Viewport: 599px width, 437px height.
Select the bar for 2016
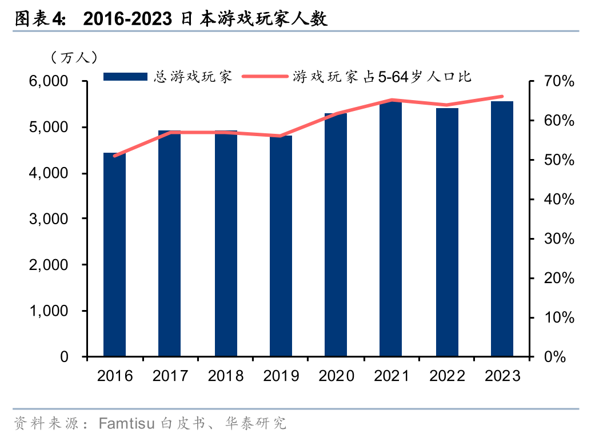coord(114,255)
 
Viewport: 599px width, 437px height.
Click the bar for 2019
coord(281,246)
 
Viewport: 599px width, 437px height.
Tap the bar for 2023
coord(502,229)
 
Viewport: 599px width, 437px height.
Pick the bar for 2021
coord(391,229)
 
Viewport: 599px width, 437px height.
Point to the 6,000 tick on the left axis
coord(56,81)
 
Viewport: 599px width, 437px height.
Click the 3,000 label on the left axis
coord(56,219)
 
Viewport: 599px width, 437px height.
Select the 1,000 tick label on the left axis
coord(56,311)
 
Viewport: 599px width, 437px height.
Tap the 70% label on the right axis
coord(558,81)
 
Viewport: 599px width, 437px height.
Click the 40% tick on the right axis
coord(558,200)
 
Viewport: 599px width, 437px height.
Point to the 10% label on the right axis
coord(558,317)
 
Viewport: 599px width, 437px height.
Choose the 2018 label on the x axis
coord(226,376)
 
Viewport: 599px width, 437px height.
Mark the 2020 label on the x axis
coord(336,376)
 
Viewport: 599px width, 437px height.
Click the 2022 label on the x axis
coord(447,376)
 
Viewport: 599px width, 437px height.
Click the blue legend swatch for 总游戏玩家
coord(125,77)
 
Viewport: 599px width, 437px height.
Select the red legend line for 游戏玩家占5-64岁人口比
coord(265,77)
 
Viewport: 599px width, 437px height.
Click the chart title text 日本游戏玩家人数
coord(254,19)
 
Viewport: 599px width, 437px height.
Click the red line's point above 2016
coord(115,156)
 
